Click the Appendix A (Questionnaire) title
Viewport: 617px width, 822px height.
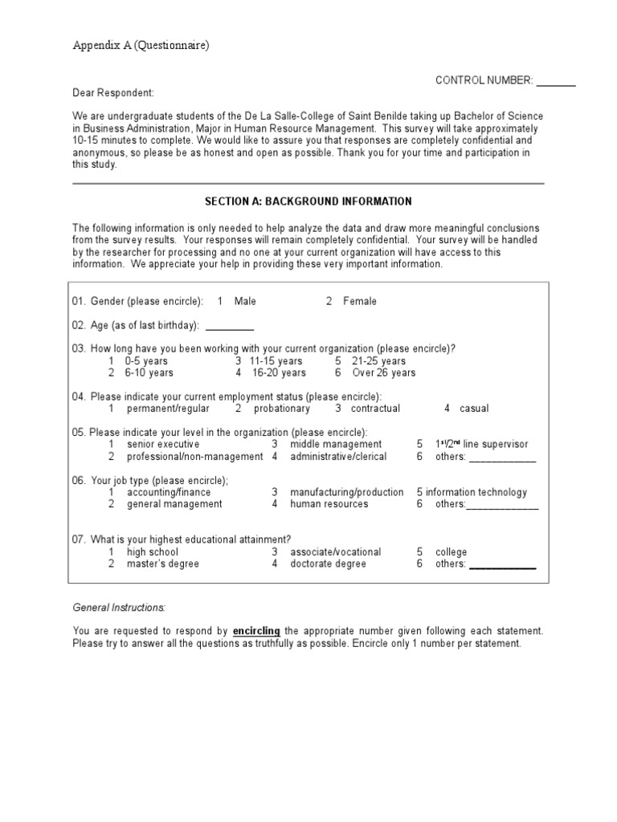[141, 46]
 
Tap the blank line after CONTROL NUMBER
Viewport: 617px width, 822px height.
[556, 82]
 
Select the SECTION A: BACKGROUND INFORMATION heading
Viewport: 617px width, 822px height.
[308, 201]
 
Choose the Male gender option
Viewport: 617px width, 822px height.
[245, 301]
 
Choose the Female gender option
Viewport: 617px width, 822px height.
[359, 301]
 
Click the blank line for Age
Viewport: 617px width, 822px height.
[230, 327]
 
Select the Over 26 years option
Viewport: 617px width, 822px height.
[383, 372]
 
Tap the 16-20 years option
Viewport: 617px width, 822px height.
[278, 372]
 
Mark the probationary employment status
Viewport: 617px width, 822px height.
[280, 409]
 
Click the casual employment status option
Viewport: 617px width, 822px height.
[473, 409]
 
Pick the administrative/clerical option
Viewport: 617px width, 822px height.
[338, 456]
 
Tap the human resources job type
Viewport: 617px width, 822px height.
[329, 504]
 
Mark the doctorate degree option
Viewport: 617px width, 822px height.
[328, 564]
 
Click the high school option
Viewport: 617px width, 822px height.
[153, 552]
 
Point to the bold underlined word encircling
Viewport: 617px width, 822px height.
[256, 632]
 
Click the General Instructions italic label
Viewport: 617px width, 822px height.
[119, 608]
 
